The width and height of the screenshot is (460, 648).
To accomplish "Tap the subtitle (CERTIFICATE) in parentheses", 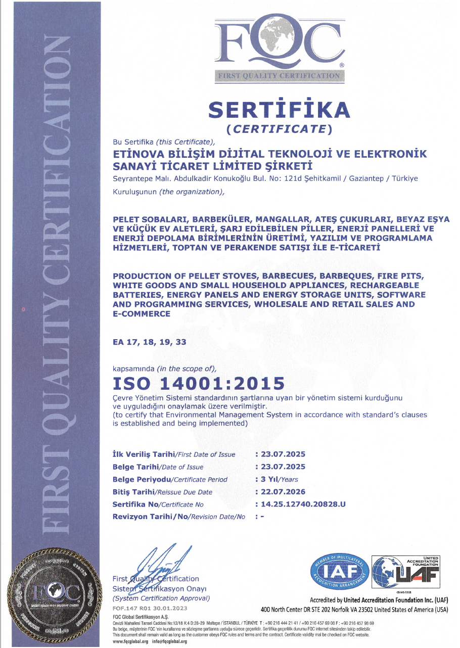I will click(280, 129).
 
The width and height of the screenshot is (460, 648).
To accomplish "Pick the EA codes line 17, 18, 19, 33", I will click(150, 342).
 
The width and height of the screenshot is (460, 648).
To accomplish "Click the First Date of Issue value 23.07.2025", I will click(283, 454).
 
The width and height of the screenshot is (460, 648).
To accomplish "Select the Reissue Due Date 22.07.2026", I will click(283, 492).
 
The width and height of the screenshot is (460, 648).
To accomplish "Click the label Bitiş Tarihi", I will click(134, 492).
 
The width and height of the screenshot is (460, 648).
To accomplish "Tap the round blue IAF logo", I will click(339, 573).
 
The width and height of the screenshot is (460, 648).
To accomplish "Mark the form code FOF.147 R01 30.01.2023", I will click(150, 608).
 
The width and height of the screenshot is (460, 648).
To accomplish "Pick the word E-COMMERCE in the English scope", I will click(142, 314).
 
